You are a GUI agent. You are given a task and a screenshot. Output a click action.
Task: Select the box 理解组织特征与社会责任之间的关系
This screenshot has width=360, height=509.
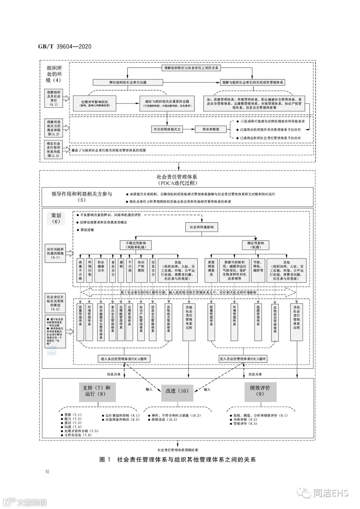pyautogui.click(x=191, y=68)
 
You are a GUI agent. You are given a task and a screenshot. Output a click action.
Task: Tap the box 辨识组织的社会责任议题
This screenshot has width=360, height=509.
pyautogui.click(x=128, y=82)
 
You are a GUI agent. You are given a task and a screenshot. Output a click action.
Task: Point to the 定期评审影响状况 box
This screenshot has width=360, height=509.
pyautogui.click(x=95, y=103)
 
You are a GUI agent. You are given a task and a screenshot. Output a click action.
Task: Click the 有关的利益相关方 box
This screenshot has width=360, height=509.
pyautogui.click(x=167, y=129)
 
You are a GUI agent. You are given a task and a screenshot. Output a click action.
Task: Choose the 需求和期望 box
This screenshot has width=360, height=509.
pyautogui.click(x=211, y=129)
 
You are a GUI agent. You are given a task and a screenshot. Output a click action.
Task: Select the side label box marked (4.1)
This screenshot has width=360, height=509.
pyautogui.click(x=54, y=98)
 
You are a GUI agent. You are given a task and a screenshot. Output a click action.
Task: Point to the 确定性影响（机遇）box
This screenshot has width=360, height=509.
pyautogui.click(x=255, y=245)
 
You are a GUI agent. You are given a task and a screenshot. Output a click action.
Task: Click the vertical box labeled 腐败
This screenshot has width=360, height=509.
pyautogui.click(x=121, y=270)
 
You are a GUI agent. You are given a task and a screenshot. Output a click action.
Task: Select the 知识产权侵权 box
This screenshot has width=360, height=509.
pyautogui.click(x=141, y=270)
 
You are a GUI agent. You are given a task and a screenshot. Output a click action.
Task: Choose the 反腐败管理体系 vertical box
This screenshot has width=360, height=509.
pyautogui.click(x=121, y=322)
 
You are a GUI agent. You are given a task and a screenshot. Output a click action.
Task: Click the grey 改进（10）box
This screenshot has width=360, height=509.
pyautogui.click(x=177, y=391)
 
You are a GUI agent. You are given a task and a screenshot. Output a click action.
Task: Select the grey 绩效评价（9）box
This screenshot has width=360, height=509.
pyautogui.click(x=260, y=391)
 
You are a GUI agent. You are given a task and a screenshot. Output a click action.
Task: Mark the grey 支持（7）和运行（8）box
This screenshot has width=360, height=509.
pyautogui.click(x=97, y=391)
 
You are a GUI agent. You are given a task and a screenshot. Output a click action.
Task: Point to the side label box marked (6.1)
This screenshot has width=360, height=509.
pyautogui.click(x=55, y=253)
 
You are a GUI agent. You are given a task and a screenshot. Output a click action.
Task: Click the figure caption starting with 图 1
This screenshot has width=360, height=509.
pyautogui.click(x=178, y=460)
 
